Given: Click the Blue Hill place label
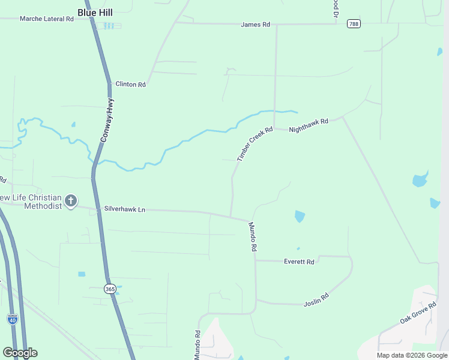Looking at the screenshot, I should tap(96, 11).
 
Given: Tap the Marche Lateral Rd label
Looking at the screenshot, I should tap(46, 19).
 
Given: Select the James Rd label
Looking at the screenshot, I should tap(255, 25).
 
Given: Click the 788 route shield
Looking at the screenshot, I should tap(354, 24).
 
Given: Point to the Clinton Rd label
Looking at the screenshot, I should tap(130, 85).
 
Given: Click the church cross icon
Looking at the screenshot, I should tap(71, 200).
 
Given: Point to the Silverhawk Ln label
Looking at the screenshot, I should tap(125, 209).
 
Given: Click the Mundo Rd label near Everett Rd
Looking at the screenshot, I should tap(253, 236).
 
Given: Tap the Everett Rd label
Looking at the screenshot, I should tap(299, 262).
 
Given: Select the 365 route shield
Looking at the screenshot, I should tap(109, 289).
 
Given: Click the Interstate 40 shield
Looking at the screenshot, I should tap(12, 319).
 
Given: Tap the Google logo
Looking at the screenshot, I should tap(20, 353).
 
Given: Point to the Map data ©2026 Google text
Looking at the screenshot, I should tap(412, 355).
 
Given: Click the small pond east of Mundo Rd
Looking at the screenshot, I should tap(300, 217).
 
